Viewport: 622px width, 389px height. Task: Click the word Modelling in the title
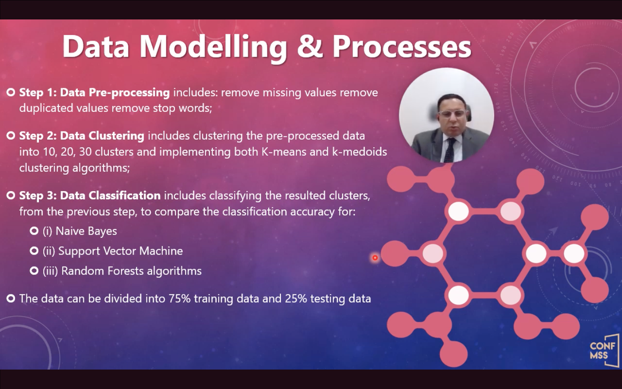click(213, 47)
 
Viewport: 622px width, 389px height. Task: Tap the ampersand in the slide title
click(310, 46)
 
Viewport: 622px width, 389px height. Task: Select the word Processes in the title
click(402, 47)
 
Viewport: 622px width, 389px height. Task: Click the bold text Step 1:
click(38, 92)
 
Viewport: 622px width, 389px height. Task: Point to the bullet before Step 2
click(11, 136)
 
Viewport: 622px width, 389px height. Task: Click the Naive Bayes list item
click(80, 231)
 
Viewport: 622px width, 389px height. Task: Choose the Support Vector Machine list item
click(113, 251)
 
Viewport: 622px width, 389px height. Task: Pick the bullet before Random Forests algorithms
click(34, 271)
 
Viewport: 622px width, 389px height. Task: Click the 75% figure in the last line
click(179, 299)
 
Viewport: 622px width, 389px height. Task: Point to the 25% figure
click(296, 299)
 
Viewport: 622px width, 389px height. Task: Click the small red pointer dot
click(375, 258)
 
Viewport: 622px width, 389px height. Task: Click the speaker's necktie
click(449, 150)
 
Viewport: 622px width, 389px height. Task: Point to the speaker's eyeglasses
click(452, 114)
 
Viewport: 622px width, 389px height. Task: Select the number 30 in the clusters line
click(85, 152)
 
